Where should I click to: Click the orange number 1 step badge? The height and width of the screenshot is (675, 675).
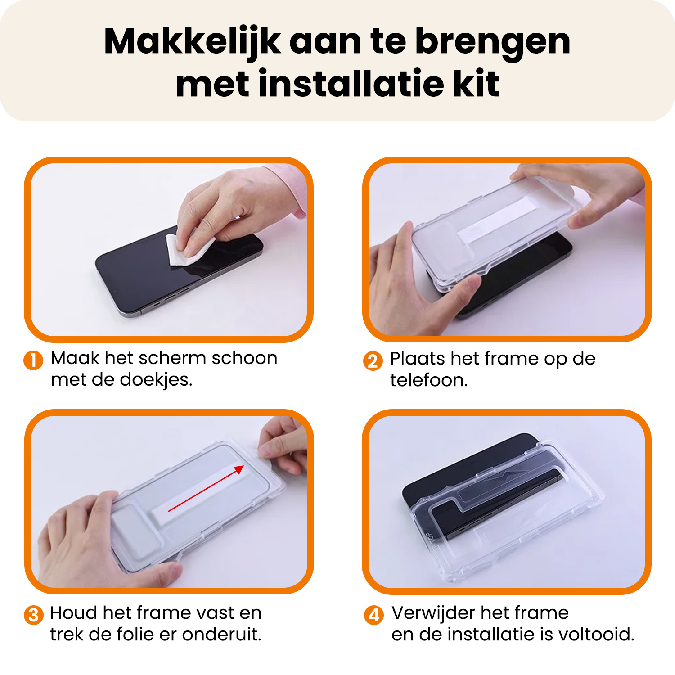tap(33, 360)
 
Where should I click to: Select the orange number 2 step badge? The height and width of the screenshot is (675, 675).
tap(373, 361)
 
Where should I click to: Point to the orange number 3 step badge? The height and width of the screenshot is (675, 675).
tap(33, 615)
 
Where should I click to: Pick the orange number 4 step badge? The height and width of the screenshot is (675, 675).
tap(373, 615)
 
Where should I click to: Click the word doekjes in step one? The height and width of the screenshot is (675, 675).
tap(156, 380)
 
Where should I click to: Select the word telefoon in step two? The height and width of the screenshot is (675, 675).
tap(429, 380)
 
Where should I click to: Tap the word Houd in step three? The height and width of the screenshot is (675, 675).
tap(73, 613)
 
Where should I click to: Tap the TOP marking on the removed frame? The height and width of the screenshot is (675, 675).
tap(430, 539)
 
